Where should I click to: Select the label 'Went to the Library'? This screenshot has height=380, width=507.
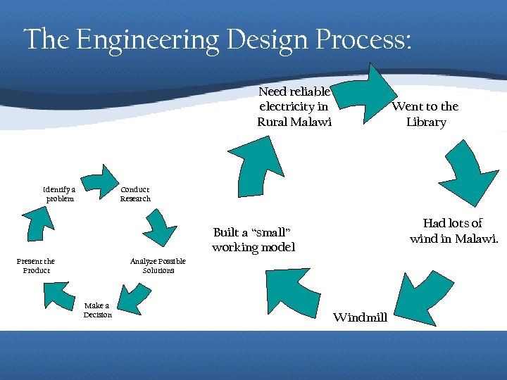[x=425, y=114]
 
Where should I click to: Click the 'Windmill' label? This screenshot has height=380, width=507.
[x=360, y=317]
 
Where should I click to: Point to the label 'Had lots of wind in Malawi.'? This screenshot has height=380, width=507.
[x=453, y=231]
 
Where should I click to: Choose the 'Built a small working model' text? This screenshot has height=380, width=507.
[x=253, y=240]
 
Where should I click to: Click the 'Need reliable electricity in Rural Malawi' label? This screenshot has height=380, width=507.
[x=294, y=106]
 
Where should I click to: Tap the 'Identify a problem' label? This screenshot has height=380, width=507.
[x=59, y=194]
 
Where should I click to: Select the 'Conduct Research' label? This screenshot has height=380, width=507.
[x=135, y=194]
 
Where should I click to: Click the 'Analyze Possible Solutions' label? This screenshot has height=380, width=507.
[x=158, y=265]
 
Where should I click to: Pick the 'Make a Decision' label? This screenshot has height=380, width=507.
[x=97, y=310]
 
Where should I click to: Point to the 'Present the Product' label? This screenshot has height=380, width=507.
[x=36, y=265]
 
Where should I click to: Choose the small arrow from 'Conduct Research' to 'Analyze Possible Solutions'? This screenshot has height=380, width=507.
[x=161, y=227]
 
